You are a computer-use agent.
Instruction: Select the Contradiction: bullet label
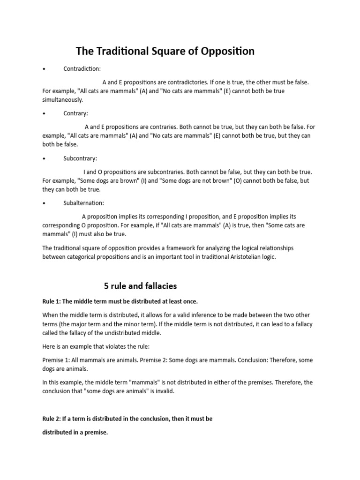(82, 69)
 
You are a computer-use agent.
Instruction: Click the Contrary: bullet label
(76, 113)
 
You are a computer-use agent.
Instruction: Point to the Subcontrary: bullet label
(80, 158)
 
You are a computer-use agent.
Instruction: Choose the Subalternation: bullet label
(84, 203)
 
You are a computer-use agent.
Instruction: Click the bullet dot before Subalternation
(44, 203)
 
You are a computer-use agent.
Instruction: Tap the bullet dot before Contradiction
(44, 69)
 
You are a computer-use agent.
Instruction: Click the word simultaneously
(62, 100)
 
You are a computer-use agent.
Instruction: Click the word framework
(167, 248)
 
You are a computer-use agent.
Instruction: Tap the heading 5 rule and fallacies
(140, 285)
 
